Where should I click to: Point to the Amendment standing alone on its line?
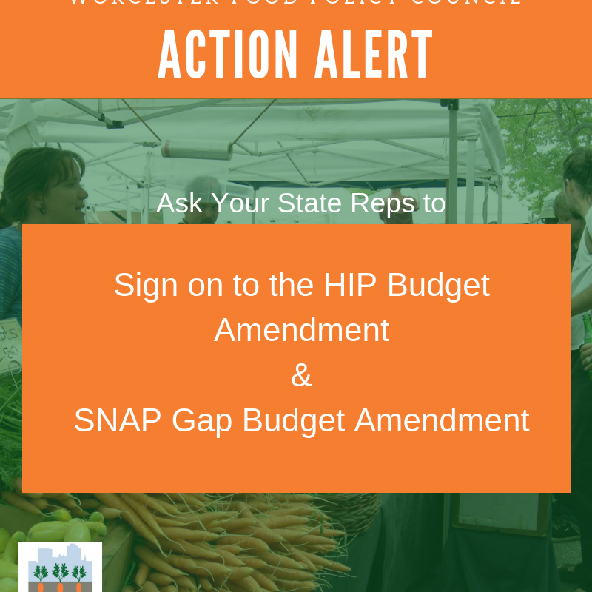tap(301, 330)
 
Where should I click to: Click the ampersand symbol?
tap(301, 375)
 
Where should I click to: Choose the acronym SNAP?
tap(118, 420)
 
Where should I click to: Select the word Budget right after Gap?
tap(294, 421)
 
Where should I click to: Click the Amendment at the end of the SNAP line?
tap(442, 420)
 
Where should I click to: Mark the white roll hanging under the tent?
tap(196, 149)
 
